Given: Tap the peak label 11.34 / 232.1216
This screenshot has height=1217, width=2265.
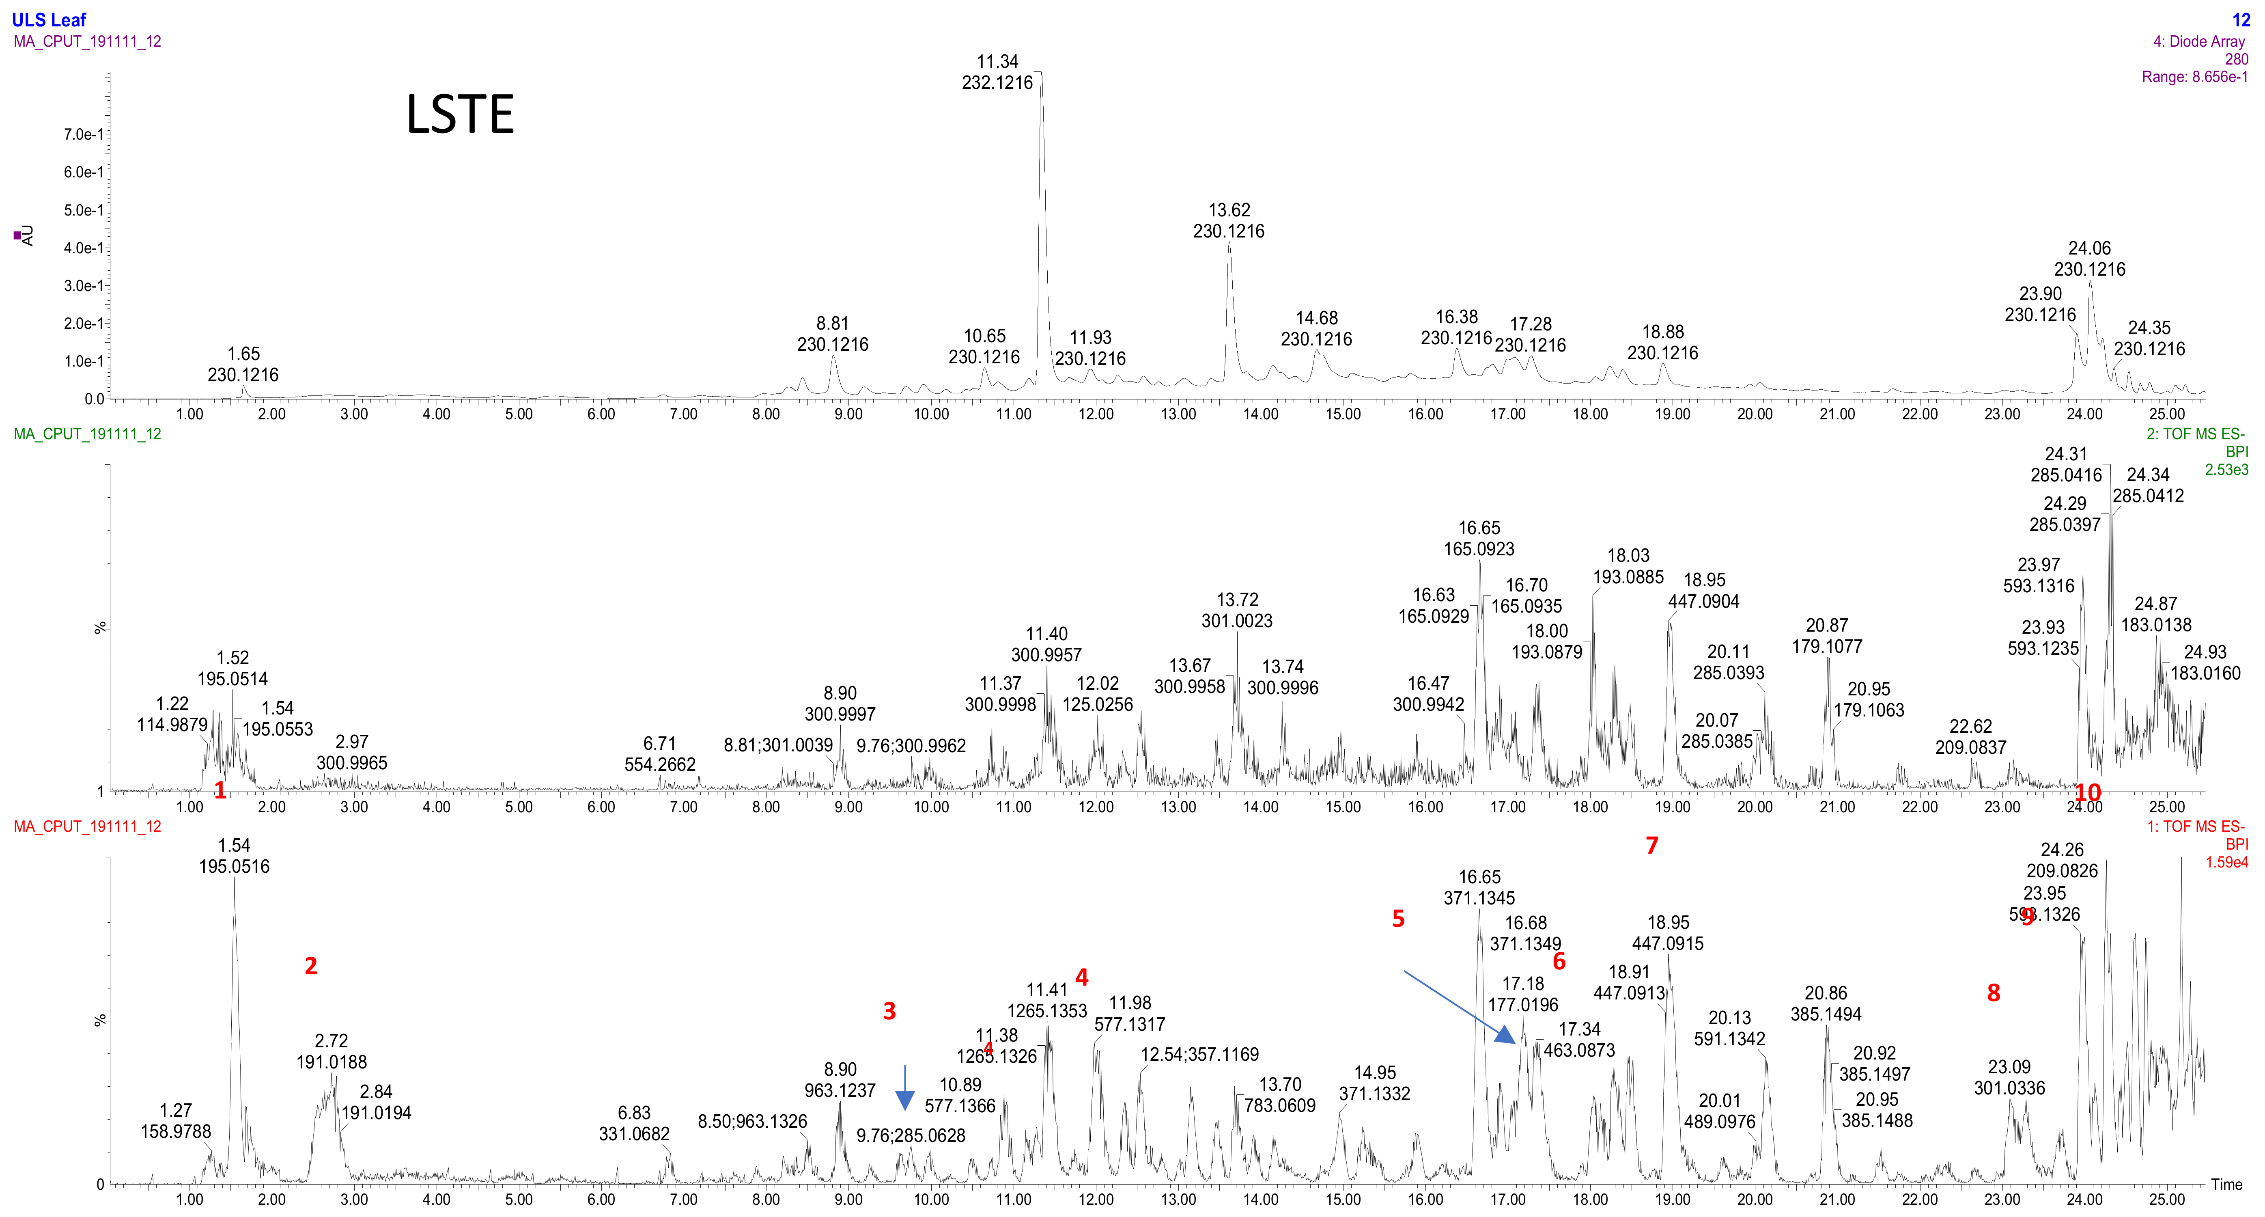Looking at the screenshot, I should tap(997, 72).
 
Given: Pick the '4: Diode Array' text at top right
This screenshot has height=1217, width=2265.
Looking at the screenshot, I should tap(2198, 41).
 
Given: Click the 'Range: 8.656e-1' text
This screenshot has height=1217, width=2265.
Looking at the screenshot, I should tap(2194, 78).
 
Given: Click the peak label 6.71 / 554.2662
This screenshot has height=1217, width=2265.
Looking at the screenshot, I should tap(659, 753).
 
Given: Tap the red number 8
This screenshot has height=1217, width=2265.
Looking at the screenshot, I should tap(1993, 993).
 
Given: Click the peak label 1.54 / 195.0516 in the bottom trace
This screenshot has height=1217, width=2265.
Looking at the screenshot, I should tap(234, 856).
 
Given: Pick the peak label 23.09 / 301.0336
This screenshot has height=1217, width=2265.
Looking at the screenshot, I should tap(2009, 1077).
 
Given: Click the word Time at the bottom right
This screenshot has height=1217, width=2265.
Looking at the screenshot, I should tap(2226, 1185).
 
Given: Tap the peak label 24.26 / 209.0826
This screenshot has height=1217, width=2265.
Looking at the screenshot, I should tap(2062, 860).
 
